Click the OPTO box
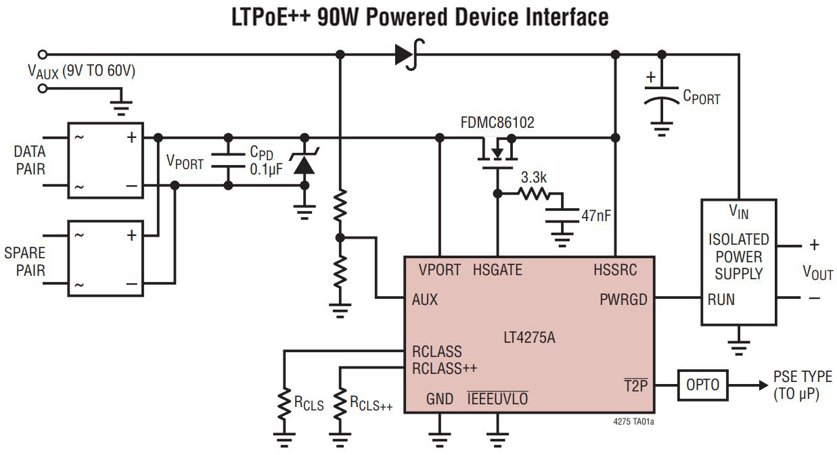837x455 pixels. [702, 385]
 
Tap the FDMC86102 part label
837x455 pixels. [497, 122]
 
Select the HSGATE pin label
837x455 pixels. [497, 270]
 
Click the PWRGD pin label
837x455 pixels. [623, 300]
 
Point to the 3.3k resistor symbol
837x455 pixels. [535, 193]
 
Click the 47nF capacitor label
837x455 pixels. [596, 216]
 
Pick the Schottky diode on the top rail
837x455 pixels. [409, 55]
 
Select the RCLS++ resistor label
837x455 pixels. [371, 403]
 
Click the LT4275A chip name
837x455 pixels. [529, 337]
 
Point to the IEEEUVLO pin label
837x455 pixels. [497, 399]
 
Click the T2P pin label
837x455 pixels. [635, 385]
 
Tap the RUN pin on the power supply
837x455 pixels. [721, 300]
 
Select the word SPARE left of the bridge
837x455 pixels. [24, 253]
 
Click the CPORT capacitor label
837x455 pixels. [702, 97]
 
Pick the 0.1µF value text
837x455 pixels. [266, 170]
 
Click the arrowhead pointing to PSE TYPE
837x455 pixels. [763, 385]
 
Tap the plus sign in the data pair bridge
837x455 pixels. [131, 137]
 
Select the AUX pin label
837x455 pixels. [424, 300]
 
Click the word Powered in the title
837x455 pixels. [406, 17]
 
